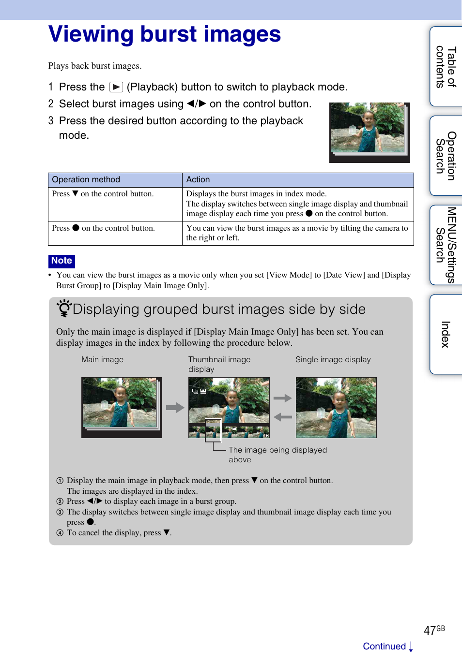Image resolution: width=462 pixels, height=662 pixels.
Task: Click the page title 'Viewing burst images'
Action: click(165, 34)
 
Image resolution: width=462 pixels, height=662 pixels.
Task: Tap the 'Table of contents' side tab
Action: click(446, 67)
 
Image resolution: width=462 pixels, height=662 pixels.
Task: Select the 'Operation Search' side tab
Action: click(446, 156)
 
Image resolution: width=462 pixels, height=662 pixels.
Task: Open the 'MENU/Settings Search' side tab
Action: click(446, 245)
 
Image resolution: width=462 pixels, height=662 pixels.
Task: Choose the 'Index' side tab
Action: click(446, 334)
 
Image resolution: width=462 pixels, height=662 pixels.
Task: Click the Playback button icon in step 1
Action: click(116, 87)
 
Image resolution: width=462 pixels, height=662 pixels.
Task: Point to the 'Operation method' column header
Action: click(86, 180)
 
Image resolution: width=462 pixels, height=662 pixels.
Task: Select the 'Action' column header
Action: click(198, 180)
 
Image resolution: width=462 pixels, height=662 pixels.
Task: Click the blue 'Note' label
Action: click(62, 261)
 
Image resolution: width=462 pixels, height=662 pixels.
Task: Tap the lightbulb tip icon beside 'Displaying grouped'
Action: click(63, 308)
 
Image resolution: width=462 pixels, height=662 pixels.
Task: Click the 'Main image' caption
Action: click(102, 360)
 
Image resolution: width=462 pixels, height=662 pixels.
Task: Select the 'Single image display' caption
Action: click(333, 360)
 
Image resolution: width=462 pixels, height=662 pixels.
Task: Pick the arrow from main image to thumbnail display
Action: click(175, 408)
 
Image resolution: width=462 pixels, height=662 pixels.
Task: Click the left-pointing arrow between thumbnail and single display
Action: click(283, 417)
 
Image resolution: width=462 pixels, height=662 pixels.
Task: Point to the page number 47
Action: click(430, 631)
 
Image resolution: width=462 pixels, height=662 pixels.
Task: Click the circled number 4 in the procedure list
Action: click(60, 533)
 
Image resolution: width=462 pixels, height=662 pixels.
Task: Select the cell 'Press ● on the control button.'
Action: click(104, 228)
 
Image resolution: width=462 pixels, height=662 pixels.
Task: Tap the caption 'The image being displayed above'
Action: click(277, 455)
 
